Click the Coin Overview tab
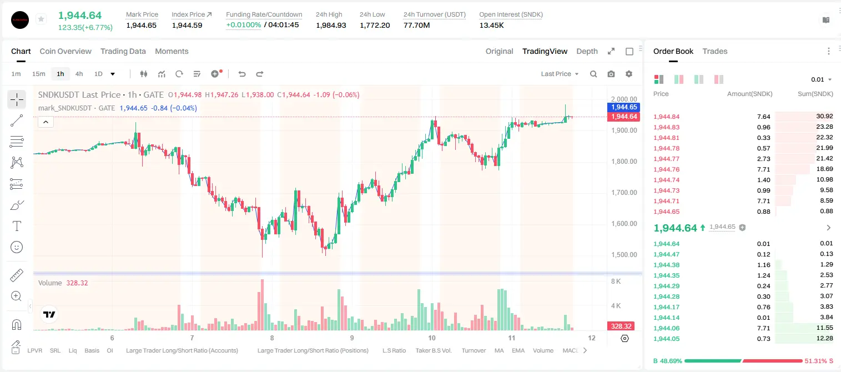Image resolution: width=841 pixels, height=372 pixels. click(x=66, y=51)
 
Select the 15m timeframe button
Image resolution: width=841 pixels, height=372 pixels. click(x=38, y=74)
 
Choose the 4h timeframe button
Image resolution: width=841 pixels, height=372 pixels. click(x=79, y=74)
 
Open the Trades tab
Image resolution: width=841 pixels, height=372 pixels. click(x=715, y=51)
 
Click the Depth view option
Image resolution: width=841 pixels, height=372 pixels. click(x=587, y=51)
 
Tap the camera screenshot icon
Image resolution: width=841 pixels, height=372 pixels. click(x=611, y=74)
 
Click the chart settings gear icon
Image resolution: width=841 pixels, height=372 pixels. click(x=629, y=74)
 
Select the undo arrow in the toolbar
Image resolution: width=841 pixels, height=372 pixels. click(x=242, y=74)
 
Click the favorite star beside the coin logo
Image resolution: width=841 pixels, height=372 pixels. click(x=41, y=19)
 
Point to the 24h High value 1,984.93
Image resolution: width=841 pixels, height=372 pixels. click(x=331, y=25)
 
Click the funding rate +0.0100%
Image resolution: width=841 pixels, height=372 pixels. click(x=243, y=25)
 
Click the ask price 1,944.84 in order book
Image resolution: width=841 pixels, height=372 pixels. click(x=667, y=117)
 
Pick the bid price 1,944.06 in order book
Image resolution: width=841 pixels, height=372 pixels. click(x=667, y=328)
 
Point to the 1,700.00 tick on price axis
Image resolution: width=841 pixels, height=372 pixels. click(x=624, y=193)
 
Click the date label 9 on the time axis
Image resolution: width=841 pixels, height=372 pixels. click(x=352, y=338)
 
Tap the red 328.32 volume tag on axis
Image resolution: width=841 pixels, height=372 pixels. click(x=621, y=326)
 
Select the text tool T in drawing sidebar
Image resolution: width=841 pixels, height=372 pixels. click(x=17, y=226)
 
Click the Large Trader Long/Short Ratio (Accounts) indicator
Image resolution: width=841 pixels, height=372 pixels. click(x=182, y=350)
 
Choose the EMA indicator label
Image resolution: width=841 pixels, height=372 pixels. click(x=518, y=350)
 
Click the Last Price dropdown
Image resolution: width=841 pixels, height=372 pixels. click(x=560, y=74)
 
